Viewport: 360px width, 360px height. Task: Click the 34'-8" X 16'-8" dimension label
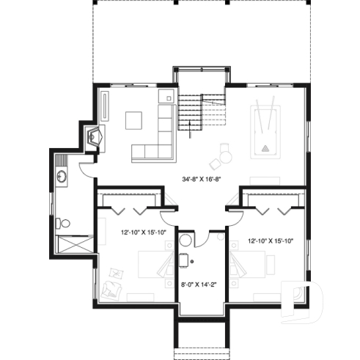[x=199, y=178]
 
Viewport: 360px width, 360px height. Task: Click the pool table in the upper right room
[x=267, y=132]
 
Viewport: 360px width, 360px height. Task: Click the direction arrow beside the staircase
[x=191, y=131]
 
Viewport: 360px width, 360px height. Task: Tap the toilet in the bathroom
[x=65, y=222]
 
